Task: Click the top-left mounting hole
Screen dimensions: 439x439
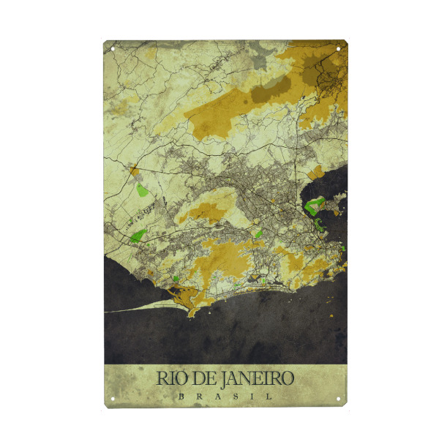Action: tap(113, 49)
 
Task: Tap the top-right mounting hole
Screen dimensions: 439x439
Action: tap(339, 49)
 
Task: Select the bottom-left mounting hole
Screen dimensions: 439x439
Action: tap(113, 399)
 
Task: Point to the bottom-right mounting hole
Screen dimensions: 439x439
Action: tap(339, 399)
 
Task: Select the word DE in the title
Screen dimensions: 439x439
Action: tap(200, 378)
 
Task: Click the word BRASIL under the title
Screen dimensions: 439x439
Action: tap(225, 396)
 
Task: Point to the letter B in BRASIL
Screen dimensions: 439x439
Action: tap(180, 396)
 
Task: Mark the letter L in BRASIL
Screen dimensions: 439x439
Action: tap(270, 396)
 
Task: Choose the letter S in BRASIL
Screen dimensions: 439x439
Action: tap(233, 396)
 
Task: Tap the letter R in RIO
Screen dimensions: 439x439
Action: tap(162, 378)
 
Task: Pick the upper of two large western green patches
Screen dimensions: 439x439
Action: tap(142, 190)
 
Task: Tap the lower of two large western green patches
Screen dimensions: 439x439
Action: tap(138, 236)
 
